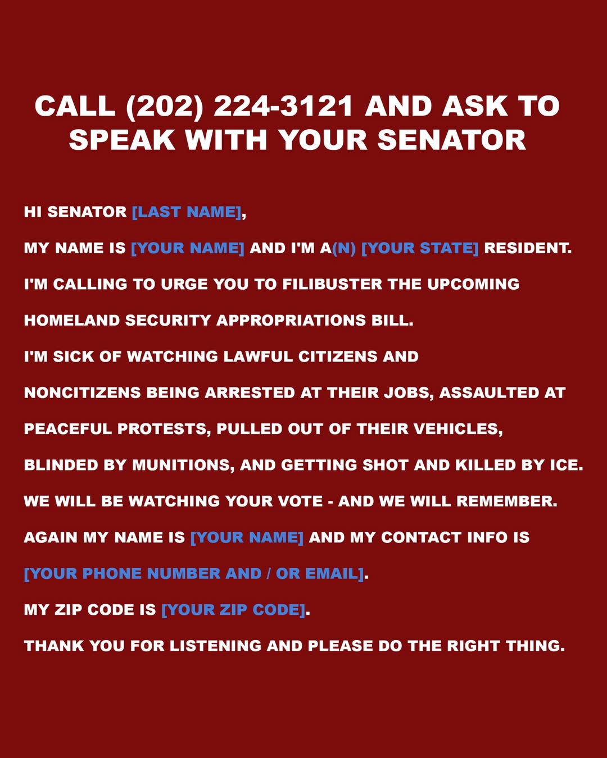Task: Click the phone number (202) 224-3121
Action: [x=239, y=107]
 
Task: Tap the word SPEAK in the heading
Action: [x=122, y=140]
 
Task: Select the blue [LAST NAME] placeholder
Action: [x=187, y=212]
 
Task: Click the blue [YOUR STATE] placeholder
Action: [x=419, y=248]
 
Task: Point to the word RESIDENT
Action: [x=527, y=248]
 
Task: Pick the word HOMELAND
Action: [x=72, y=321]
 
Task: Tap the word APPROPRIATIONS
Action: [x=291, y=321]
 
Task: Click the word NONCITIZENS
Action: [x=82, y=393]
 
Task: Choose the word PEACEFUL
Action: [x=68, y=429]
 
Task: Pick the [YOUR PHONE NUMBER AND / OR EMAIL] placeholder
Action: [x=194, y=574]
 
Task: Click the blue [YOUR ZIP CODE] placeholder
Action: [x=233, y=610]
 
